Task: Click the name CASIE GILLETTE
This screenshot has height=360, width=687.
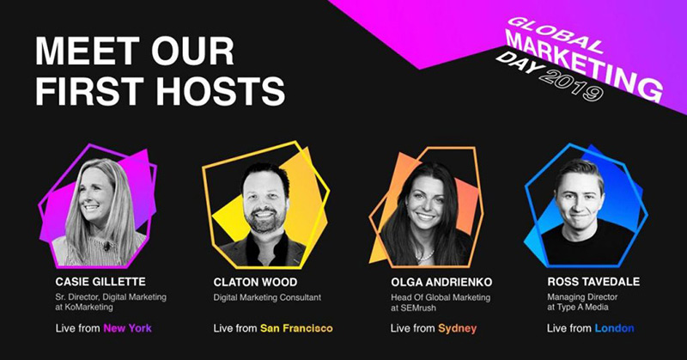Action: [x=100, y=282]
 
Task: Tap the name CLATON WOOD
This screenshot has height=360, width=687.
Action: [x=255, y=282]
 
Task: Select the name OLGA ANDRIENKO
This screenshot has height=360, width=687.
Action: [x=441, y=282]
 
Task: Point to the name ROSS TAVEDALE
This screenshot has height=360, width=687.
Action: [x=593, y=282]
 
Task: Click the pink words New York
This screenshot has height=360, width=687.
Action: [x=127, y=328]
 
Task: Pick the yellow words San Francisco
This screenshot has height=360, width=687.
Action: [x=296, y=328]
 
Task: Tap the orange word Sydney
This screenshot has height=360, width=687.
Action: [x=457, y=328]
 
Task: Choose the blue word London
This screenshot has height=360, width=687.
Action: [x=614, y=328]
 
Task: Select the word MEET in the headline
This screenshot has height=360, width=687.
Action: [x=87, y=52]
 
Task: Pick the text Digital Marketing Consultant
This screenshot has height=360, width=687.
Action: [x=267, y=297]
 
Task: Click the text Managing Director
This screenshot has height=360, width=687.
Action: [x=582, y=297]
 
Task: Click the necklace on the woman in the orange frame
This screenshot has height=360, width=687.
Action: [x=424, y=256]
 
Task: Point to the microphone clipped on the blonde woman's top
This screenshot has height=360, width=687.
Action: [x=106, y=246]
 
